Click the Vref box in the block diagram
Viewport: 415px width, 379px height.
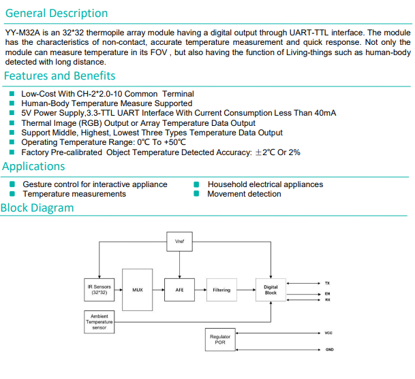coord(180,242)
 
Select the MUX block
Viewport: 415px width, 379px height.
coord(138,290)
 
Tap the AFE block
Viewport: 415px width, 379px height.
coord(180,290)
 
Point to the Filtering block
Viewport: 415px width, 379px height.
coord(221,290)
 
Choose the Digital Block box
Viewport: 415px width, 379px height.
coord(271,290)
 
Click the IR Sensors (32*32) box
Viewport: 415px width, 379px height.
coord(99,290)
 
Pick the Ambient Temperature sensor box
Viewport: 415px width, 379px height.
coord(99,322)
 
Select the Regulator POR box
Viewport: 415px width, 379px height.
coord(220,338)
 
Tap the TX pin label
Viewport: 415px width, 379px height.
coord(327,282)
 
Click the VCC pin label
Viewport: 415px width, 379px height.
coord(328,333)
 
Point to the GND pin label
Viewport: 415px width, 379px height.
coord(328,350)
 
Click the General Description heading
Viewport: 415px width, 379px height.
coord(56,13)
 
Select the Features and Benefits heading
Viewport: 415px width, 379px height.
coord(59,76)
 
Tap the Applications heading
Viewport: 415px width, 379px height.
coord(33,166)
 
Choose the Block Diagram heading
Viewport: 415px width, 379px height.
coord(37,208)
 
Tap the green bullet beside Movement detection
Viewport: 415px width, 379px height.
coord(196,194)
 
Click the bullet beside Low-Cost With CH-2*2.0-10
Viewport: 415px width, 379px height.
coord(12,94)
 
